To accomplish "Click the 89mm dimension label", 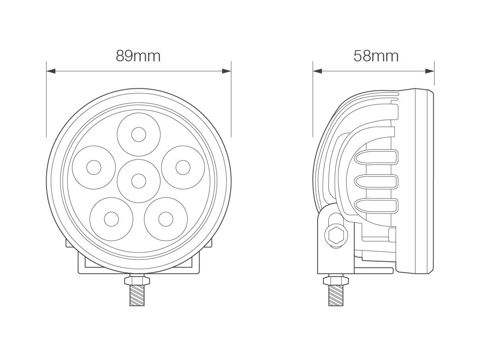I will (138, 56).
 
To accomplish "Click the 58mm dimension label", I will (376, 56).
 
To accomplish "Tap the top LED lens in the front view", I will (139, 135).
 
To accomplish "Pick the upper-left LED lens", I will (94, 167).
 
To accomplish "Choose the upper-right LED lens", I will (183, 167).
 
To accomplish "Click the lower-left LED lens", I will (111, 219).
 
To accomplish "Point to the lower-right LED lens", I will (166, 219).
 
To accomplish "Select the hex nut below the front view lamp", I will (137, 281).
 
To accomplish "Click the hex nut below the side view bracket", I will (335, 281).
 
